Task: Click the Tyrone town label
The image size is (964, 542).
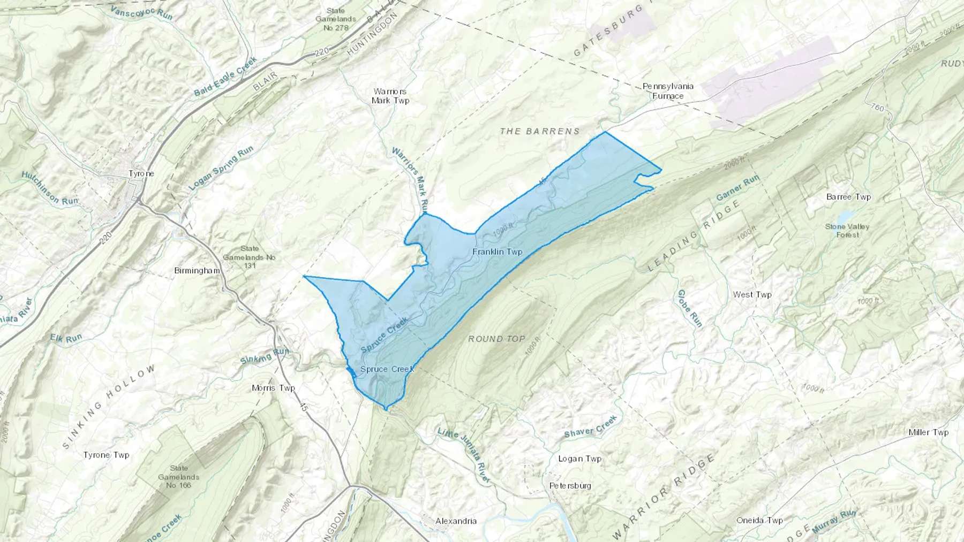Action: click(141, 173)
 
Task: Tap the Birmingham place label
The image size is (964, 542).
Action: click(197, 270)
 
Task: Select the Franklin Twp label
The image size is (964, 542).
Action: click(497, 251)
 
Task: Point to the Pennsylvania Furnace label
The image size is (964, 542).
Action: click(668, 91)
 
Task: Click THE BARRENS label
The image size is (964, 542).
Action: click(540, 131)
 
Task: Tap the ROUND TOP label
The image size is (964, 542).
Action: click(496, 339)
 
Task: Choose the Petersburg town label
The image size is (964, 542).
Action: click(570, 485)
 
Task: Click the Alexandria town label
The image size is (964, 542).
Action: click(456, 521)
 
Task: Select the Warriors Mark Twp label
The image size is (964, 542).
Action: click(390, 96)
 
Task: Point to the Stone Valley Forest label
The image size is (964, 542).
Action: click(847, 231)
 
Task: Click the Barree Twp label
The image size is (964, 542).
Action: click(848, 197)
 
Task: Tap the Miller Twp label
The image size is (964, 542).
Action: click(928, 432)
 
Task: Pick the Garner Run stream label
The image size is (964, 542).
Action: click(737, 188)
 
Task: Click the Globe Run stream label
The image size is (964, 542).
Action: click(689, 308)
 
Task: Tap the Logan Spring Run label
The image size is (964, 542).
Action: click(221, 168)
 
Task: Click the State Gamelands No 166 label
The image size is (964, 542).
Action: click(179, 476)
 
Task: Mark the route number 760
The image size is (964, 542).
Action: click(877, 108)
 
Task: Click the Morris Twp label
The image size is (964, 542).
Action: click(273, 388)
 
